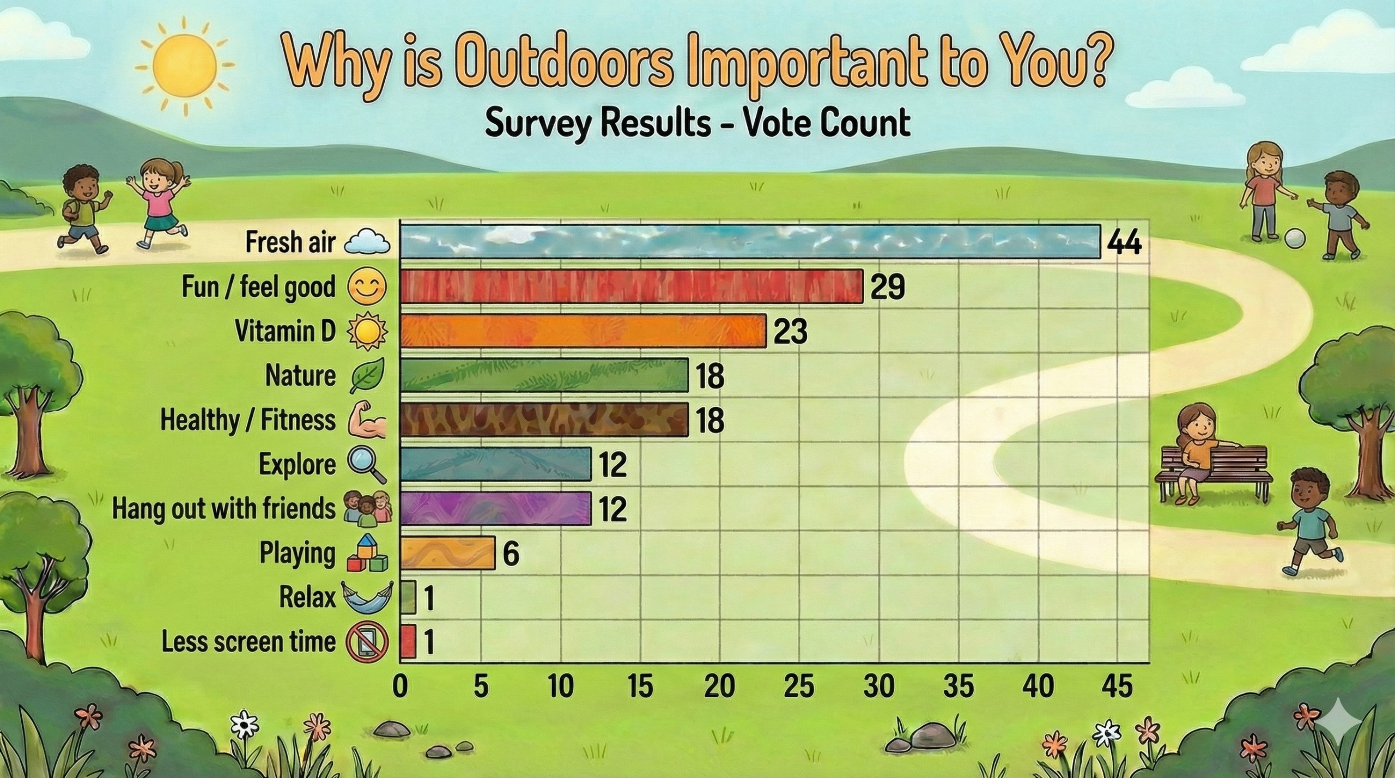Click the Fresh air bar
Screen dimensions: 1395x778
click(x=750, y=241)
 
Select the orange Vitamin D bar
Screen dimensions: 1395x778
click(x=583, y=331)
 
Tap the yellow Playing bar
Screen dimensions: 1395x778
click(x=448, y=553)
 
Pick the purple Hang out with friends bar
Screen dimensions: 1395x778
click(x=496, y=508)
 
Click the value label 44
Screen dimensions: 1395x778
click(x=1124, y=242)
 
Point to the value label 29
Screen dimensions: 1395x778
click(x=887, y=287)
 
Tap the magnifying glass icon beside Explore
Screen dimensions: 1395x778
click(x=368, y=466)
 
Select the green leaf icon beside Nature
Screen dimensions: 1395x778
click(x=367, y=375)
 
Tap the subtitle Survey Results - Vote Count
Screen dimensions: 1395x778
click(x=697, y=123)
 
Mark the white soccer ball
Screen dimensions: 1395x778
click(x=1295, y=238)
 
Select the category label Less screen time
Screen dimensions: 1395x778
click(x=248, y=642)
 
